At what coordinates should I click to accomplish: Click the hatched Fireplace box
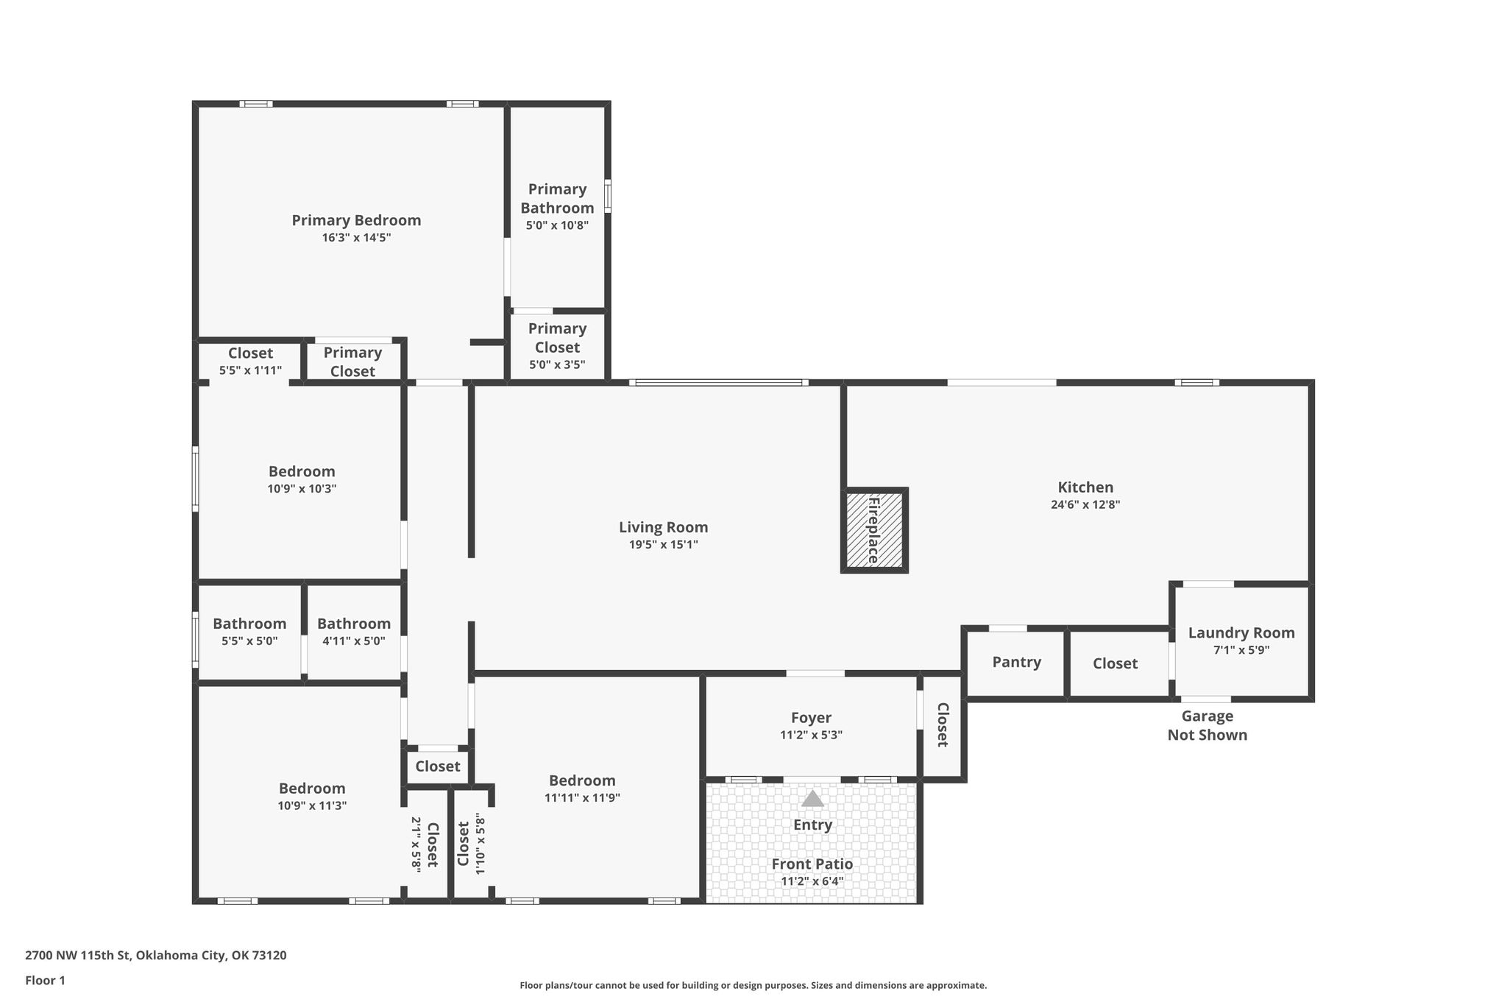874,530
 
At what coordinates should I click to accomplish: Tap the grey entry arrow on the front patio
812,798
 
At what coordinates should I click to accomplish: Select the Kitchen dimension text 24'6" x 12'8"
1085,505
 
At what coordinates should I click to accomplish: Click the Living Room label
663,527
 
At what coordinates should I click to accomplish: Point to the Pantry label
1016,662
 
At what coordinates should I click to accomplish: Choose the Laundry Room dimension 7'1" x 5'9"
1241,650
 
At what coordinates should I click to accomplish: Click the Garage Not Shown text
1208,725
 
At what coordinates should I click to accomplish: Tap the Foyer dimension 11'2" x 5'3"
811,735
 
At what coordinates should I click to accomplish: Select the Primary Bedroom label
356,220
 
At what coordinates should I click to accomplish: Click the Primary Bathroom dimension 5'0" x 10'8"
557,225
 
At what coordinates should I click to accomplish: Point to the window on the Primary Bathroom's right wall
608,197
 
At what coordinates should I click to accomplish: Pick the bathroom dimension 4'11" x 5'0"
354,641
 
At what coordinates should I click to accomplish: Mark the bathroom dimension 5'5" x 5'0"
249,641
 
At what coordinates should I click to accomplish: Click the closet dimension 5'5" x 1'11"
250,370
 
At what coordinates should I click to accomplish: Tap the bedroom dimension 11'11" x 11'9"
582,797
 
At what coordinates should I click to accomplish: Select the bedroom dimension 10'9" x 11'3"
312,805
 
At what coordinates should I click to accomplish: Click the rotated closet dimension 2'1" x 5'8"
416,844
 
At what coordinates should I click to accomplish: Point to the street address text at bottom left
156,956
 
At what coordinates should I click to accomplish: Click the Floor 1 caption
45,981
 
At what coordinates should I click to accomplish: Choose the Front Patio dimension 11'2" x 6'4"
812,881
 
